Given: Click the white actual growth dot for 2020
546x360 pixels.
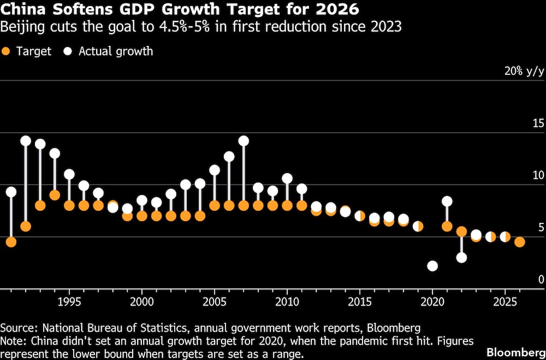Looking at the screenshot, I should coord(432,266).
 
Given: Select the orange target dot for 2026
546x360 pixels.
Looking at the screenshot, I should coord(520,242).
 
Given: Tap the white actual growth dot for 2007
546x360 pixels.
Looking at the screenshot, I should coord(244,141).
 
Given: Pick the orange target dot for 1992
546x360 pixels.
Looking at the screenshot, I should coord(25,226).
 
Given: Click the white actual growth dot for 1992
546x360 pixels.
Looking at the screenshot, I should coord(25,141).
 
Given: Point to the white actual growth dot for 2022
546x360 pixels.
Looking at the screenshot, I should coord(461,257).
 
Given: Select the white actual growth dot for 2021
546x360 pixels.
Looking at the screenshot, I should coord(447,202).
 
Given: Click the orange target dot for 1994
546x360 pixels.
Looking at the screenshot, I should coord(55,195).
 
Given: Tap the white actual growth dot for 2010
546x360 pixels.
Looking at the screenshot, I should coord(287,178).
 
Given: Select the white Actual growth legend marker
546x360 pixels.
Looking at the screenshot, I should coord(68,51).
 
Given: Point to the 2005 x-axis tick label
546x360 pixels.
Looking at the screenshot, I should coord(215,301).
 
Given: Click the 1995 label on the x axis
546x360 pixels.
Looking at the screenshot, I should coord(69,301).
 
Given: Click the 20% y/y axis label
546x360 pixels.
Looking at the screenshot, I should coord(524,71).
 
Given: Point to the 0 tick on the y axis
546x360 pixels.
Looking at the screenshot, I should coord(541,279).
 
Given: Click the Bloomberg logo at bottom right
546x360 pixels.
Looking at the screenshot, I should coord(515,351).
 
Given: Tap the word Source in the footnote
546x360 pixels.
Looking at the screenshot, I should coord(16,328).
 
